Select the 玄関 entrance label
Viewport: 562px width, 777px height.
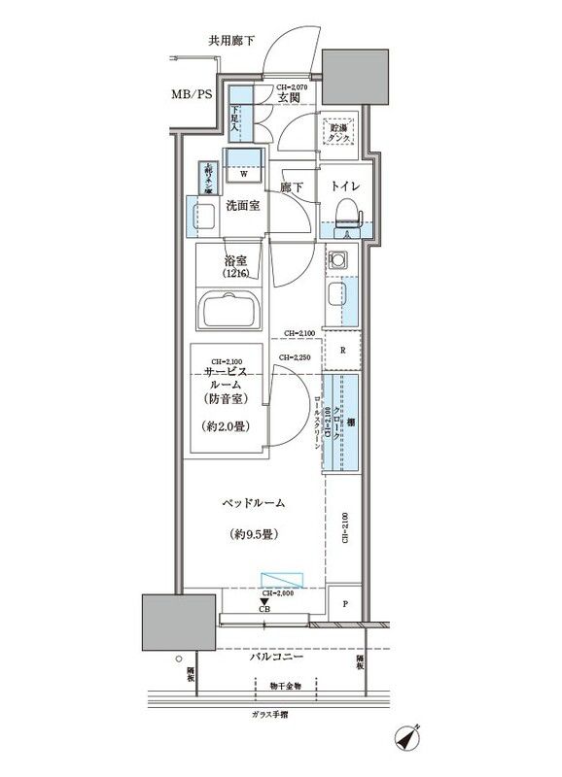pyautogui.click(x=287, y=97)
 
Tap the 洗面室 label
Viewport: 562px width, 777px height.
pyautogui.click(x=242, y=206)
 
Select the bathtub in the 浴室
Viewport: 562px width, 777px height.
pyautogui.click(x=232, y=313)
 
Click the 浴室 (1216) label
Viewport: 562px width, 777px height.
pyautogui.click(x=234, y=268)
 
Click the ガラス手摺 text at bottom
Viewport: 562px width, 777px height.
pyautogui.click(x=269, y=715)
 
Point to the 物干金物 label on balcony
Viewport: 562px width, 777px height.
pyautogui.click(x=286, y=686)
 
